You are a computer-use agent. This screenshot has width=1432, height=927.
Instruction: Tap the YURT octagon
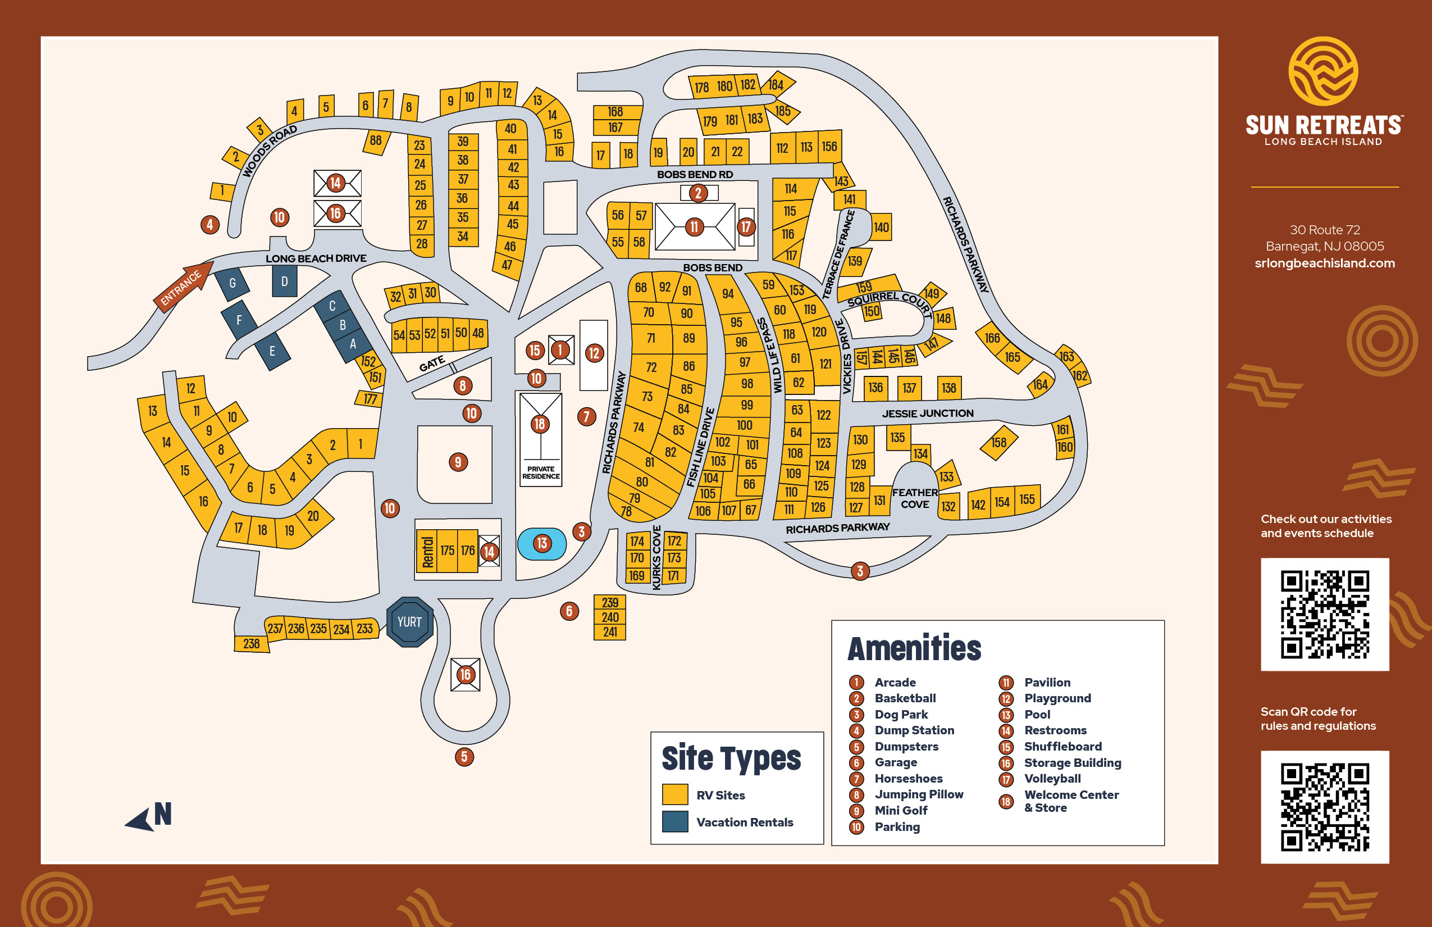[410, 622]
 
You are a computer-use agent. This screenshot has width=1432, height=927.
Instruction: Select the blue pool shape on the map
[541, 544]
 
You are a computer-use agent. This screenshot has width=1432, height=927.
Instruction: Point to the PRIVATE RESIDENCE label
[540, 472]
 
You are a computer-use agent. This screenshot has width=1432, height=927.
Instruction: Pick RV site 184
[777, 85]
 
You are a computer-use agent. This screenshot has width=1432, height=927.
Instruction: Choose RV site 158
[999, 443]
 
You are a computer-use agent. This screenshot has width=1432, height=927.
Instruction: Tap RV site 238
[252, 643]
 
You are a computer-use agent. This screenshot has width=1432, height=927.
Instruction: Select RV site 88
[376, 141]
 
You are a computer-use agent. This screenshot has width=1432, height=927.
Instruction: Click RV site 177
[370, 398]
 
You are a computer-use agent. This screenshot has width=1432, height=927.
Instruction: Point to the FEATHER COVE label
[915, 498]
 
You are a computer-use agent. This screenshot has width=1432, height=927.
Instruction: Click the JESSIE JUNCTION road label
[927, 413]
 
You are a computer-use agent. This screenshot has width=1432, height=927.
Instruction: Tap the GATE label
[432, 363]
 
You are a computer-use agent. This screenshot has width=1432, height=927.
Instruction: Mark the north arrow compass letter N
[162, 814]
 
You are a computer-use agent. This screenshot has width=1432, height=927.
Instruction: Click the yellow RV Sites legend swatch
[675, 794]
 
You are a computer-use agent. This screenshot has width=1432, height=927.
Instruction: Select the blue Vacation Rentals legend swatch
[675, 821]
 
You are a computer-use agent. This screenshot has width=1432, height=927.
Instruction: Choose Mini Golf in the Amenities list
[901, 811]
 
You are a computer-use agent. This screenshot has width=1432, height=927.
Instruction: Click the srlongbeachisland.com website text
[1324, 263]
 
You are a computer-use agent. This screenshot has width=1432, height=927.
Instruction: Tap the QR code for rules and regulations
[1324, 807]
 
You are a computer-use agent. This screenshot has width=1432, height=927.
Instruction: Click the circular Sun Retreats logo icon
[1322, 71]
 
